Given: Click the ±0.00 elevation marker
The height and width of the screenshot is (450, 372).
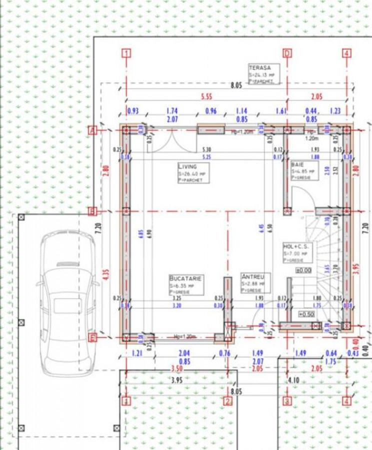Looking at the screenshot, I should coord(303,270).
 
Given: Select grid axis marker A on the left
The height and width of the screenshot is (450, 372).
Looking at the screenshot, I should coord(92,130).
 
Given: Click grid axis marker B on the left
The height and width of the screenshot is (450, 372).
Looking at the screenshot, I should coord(92,211).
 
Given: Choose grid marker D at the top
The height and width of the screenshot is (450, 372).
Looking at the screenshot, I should coord(287,53).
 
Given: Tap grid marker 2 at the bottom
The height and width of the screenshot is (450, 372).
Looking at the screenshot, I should coord(227,401).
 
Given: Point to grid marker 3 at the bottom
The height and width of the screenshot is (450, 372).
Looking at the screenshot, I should coord(287,401).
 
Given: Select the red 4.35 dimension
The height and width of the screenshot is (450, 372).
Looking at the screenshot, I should coord(105,274).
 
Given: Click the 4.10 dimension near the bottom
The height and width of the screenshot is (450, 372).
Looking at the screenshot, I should coord(293,380).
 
